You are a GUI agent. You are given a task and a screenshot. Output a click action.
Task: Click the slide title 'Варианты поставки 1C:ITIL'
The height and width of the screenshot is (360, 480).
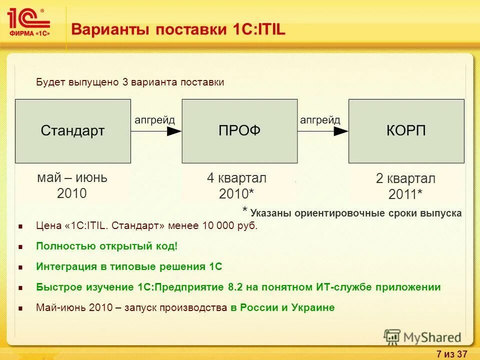[178, 29]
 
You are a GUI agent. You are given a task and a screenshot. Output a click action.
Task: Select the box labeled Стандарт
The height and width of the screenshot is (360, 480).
[73, 131]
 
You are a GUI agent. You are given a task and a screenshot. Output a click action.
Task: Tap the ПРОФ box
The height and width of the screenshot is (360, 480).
[239, 131]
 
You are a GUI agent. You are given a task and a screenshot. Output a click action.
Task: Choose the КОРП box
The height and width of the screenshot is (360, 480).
[406, 131]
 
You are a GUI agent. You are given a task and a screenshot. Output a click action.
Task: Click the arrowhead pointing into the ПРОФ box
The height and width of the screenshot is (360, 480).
[174, 131]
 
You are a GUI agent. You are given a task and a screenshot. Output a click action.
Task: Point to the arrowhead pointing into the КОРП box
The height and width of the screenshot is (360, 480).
[341, 131]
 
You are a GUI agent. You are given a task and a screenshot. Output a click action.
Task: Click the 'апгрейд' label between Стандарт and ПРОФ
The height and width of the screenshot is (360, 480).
[155, 120]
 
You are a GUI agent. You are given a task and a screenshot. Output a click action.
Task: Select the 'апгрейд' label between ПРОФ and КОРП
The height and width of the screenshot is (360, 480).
[320, 120]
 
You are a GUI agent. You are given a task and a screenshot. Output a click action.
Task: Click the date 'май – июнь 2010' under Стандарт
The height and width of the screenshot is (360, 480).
[72, 185]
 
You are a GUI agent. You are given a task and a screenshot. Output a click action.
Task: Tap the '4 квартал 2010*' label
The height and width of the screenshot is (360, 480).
[237, 186]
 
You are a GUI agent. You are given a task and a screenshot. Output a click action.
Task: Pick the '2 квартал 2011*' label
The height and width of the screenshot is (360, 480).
[405, 186]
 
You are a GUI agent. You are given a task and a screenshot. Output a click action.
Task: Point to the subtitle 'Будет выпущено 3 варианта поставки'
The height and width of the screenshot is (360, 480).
[130, 82]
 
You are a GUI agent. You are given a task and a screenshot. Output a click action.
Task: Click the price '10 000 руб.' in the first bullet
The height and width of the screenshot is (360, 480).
[230, 226]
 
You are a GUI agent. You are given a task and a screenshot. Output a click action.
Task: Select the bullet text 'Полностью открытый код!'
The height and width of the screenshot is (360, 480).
[106, 246]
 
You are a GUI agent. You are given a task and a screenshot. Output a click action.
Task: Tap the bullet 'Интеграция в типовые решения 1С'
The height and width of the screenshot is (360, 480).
[129, 266]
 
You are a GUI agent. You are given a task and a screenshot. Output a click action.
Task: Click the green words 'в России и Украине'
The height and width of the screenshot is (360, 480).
[282, 307]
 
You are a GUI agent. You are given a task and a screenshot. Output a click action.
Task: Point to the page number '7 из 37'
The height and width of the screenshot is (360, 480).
[451, 354]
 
